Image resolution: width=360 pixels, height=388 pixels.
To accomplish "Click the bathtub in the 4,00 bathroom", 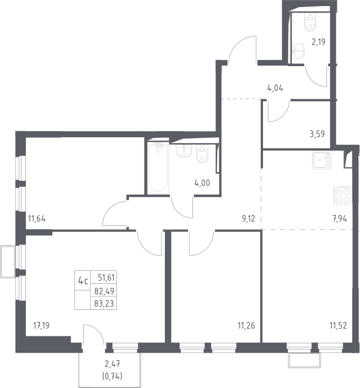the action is [x=158, y=168].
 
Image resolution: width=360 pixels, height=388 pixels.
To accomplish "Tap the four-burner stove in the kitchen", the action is [x=343, y=196].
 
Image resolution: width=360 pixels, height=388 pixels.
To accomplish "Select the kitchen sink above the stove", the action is [x=321, y=160].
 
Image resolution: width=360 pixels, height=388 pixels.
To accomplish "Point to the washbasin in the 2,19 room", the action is [x=298, y=51].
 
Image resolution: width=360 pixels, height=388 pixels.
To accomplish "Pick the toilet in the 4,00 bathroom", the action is [x=202, y=154].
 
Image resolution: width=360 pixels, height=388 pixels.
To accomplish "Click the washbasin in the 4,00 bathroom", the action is [x=184, y=150].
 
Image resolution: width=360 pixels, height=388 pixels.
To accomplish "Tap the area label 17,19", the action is [x=41, y=325].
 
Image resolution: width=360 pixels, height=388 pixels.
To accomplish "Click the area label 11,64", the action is [x=36, y=219].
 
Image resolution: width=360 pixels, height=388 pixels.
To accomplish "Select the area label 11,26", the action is [x=246, y=325].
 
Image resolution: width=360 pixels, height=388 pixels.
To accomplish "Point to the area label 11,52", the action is [x=338, y=325].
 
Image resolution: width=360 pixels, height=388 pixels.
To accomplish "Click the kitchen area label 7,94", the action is [x=340, y=219].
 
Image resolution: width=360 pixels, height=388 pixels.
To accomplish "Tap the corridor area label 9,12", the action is [x=248, y=219].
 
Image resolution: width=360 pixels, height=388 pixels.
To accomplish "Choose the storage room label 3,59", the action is [x=317, y=134].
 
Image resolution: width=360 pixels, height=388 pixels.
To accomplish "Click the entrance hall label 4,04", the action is [x=275, y=88].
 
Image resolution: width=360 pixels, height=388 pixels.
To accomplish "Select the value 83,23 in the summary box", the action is [x=104, y=303].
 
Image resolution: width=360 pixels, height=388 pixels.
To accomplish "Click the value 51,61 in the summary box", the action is [x=106, y=278].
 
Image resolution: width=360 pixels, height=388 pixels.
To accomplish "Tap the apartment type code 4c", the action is [x=83, y=281].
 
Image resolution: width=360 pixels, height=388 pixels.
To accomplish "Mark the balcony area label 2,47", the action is [x=112, y=364].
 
